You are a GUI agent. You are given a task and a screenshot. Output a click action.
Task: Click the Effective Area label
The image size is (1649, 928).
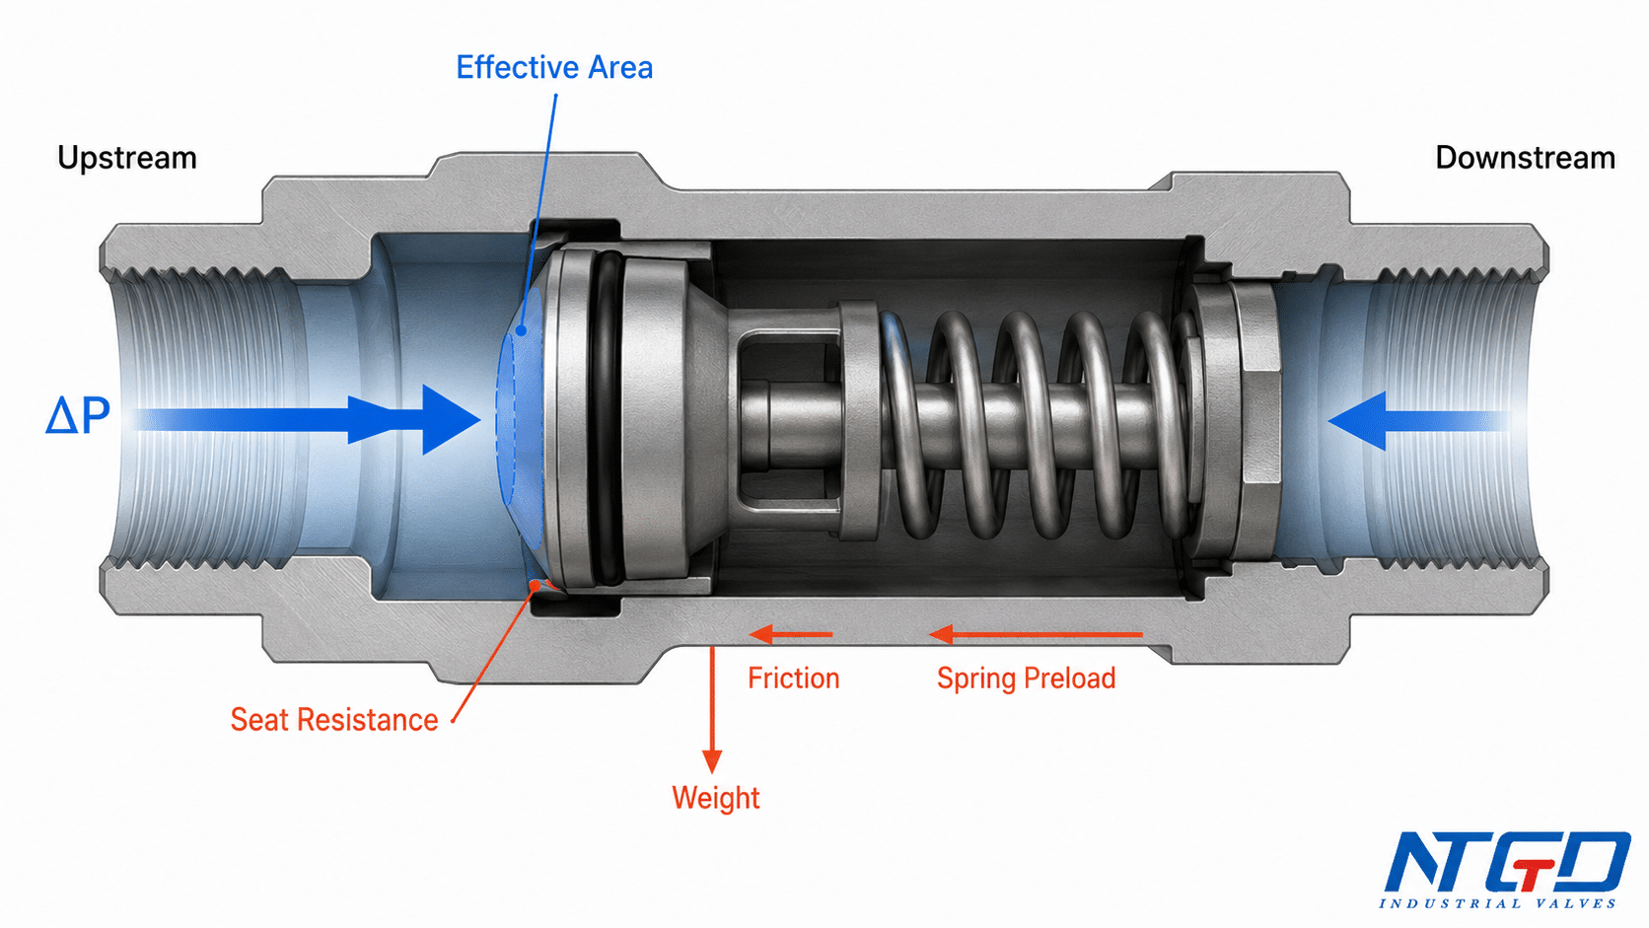[554, 68]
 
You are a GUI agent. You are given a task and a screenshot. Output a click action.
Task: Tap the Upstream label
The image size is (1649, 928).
[127, 158]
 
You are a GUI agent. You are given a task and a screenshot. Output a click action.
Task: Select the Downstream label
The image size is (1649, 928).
[1526, 158]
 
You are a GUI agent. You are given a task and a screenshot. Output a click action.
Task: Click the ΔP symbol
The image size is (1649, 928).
[78, 416]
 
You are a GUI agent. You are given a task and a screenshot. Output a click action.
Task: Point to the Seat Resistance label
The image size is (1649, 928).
[334, 720]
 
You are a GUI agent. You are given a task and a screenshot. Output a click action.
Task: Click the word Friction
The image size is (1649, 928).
[794, 678]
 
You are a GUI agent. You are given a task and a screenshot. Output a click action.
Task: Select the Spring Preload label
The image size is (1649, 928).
[1027, 678]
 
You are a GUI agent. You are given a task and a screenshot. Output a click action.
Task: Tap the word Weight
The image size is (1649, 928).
[716, 798]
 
